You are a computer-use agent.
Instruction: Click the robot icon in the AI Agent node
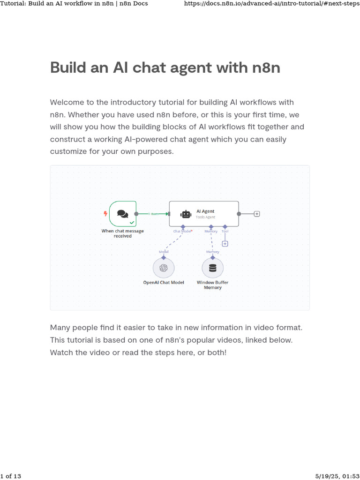[x=186, y=214]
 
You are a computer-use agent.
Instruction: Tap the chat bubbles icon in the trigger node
[x=122, y=214]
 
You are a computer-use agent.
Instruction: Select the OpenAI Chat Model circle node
[x=164, y=268]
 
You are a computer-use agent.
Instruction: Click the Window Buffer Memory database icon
[x=212, y=268]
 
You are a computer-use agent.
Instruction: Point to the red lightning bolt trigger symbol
[x=105, y=214]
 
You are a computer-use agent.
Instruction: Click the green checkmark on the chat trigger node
[x=132, y=222]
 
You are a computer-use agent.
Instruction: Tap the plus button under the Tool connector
[x=225, y=244]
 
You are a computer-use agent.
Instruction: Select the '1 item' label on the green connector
[x=153, y=214]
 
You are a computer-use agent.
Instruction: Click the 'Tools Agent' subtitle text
[x=205, y=217]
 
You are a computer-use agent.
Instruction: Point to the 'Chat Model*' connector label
[x=183, y=231]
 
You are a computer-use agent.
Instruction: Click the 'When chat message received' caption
[x=123, y=233]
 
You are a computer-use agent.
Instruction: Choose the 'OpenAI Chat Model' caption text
[x=164, y=283]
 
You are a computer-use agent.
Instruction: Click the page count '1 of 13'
[x=11, y=476]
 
